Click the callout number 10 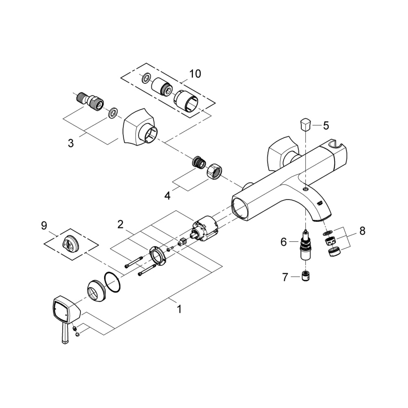pyautogui.click(x=195, y=74)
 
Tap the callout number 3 pyautogui.click(x=71, y=143)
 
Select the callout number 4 pyautogui.click(x=167, y=195)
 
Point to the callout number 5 pyautogui.click(x=326, y=125)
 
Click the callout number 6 pyautogui.click(x=283, y=242)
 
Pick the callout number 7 pyautogui.click(x=285, y=277)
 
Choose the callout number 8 pyautogui.click(x=362, y=231)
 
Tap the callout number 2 pyautogui.click(x=120, y=225)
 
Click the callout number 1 pyautogui.click(x=179, y=309)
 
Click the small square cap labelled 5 pyautogui.click(x=305, y=124)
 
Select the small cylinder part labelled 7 pyautogui.click(x=305, y=277)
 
